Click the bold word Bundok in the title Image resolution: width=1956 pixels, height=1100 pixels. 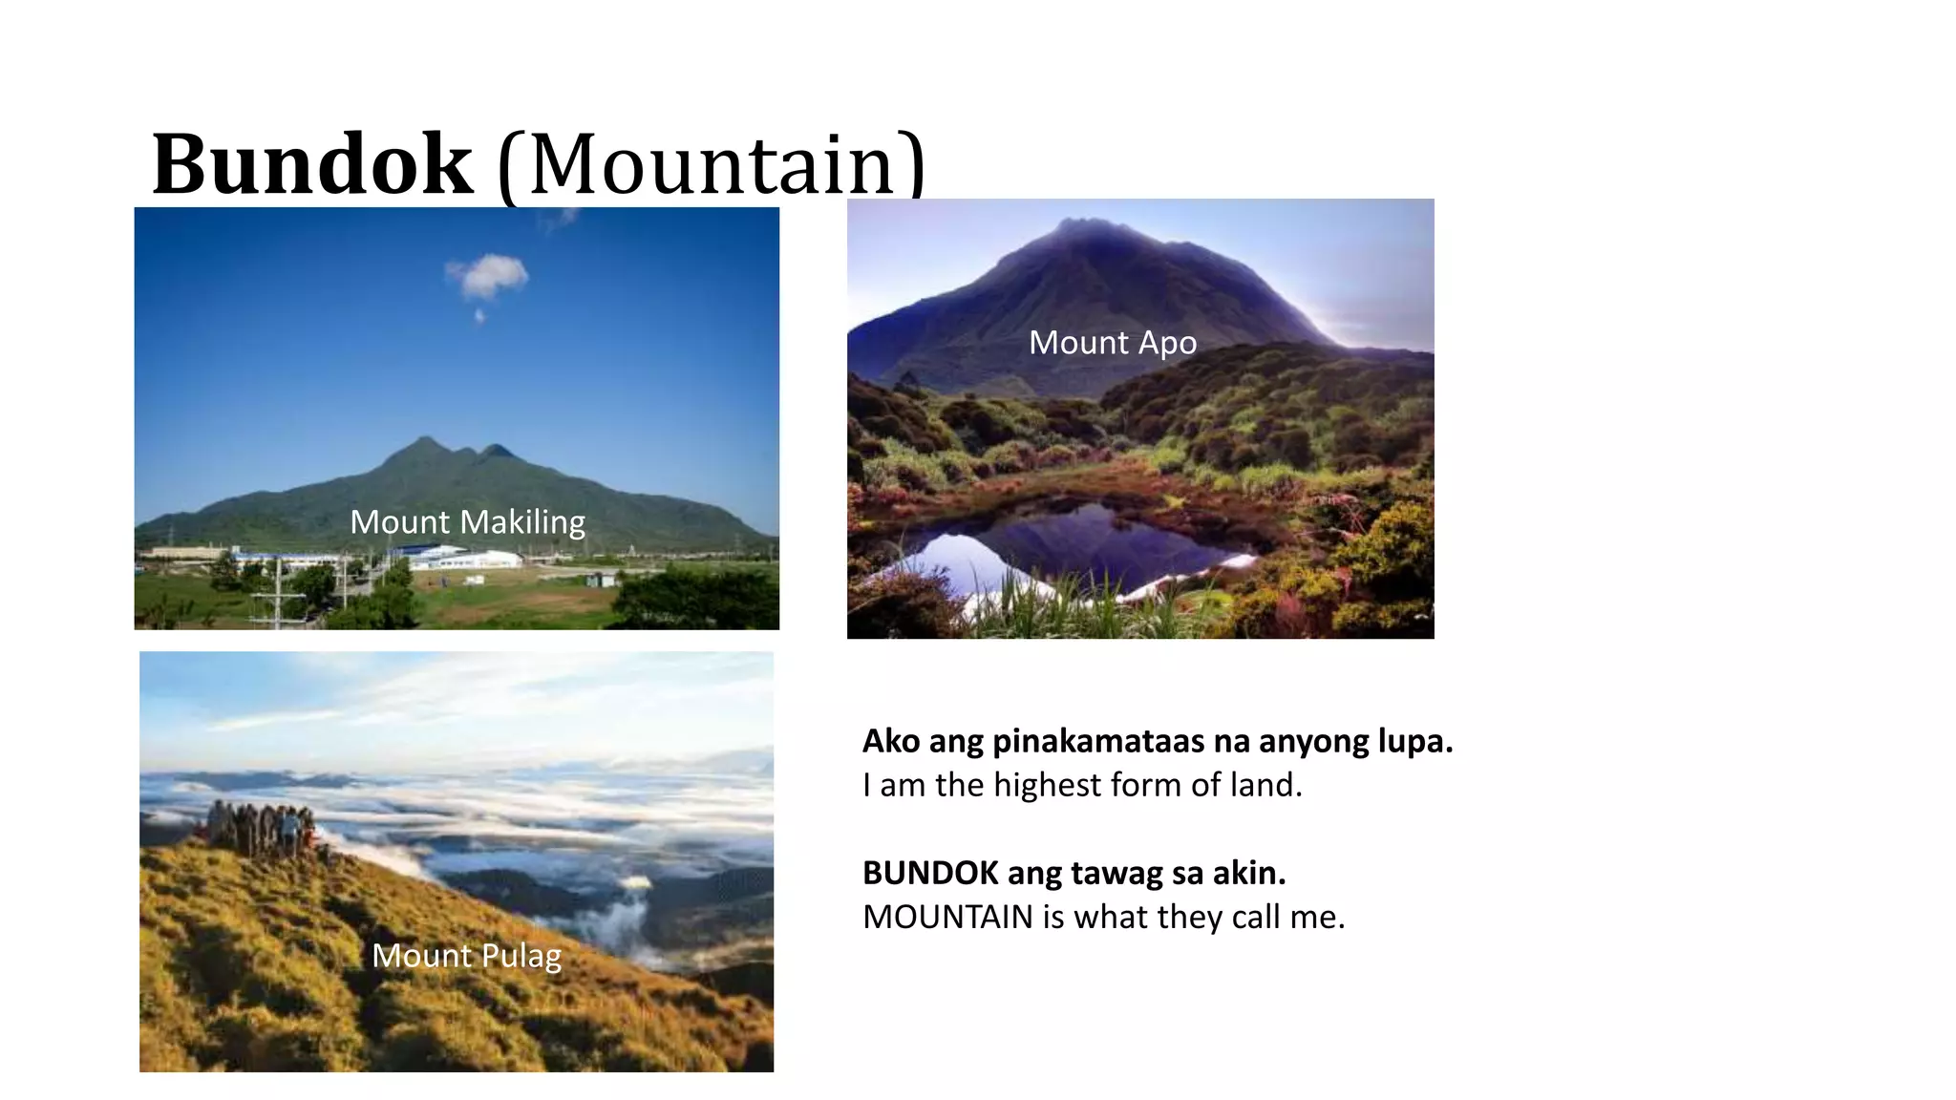(311, 164)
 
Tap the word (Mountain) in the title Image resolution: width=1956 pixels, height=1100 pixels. (712, 164)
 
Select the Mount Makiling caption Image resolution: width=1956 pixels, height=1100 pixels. (467, 522)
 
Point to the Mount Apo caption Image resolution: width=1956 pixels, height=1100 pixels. (1112, 343)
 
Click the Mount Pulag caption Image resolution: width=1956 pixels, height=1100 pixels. (466, 956)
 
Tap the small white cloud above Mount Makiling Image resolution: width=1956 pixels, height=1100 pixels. (489, 275)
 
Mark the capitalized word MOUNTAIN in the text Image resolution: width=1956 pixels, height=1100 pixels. (947, 917)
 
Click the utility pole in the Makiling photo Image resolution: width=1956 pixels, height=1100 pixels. (278, 592)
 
